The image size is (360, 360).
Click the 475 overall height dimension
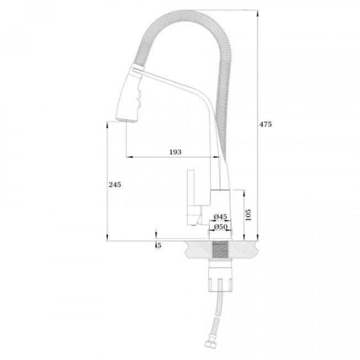click(266, 124)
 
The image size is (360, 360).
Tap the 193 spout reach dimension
click(176, 152)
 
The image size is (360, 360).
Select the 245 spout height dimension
click(115, 184)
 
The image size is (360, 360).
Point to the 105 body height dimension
click(248, 215)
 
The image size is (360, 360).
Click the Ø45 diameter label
click(220, 216)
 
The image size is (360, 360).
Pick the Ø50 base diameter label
click(220, 227)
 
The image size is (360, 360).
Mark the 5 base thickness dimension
click(160, 246)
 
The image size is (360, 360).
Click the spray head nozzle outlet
click(126, 121)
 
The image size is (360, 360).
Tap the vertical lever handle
click(191, 187)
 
